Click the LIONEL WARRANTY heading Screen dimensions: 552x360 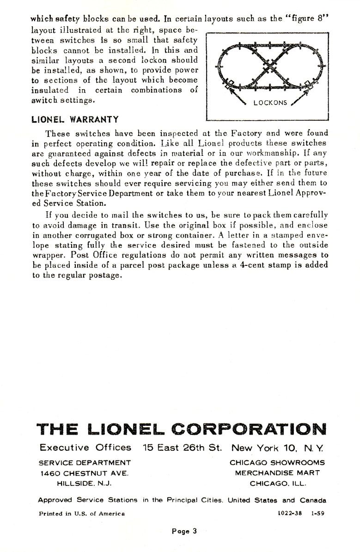point(75,119)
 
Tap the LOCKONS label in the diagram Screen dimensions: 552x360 point(270,103)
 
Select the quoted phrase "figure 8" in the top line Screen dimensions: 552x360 point(308,19)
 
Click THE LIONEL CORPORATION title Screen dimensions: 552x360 point(181,428)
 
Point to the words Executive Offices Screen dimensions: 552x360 point(85,448)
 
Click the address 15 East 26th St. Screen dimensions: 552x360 point(183,448)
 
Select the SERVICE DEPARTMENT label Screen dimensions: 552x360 point(85,462)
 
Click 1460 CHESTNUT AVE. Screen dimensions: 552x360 point(84,473)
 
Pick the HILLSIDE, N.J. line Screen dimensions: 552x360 point(84,484)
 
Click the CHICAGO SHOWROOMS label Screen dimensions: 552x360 point(277,462)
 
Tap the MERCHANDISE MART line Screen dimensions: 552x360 point(277,473)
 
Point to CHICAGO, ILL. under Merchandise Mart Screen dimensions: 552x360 point(277,484)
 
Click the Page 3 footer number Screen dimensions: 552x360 point(184,531)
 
